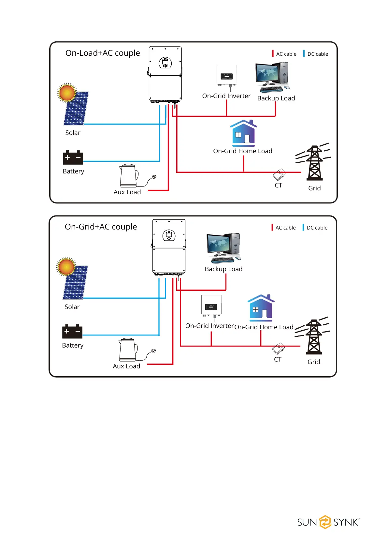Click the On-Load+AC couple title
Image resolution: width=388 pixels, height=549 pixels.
[103, 53]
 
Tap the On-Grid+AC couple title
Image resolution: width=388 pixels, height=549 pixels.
[101, 227]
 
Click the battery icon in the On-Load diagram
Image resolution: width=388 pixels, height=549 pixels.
[73, 157]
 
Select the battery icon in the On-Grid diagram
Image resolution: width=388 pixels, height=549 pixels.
[72, 331]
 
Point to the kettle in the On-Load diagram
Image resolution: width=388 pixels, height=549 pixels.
[128, 175]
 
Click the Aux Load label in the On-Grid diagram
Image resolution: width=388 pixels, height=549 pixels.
[126, 366]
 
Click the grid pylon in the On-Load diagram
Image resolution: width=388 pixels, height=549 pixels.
[314, 163]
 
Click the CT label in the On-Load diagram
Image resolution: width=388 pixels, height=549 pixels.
[278, 185]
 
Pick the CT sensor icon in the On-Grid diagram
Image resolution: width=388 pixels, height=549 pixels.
[279, 349]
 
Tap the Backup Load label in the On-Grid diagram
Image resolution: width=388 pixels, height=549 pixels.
[223, 269]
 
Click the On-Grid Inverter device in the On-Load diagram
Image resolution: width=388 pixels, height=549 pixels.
[227, 76]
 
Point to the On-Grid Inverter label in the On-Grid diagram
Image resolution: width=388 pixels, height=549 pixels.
[209, 326]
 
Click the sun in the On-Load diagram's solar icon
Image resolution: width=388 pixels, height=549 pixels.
[67, 93]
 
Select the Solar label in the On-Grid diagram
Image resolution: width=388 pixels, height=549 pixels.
[72, 307]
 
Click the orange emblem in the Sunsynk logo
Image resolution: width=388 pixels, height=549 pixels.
[325, 522]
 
